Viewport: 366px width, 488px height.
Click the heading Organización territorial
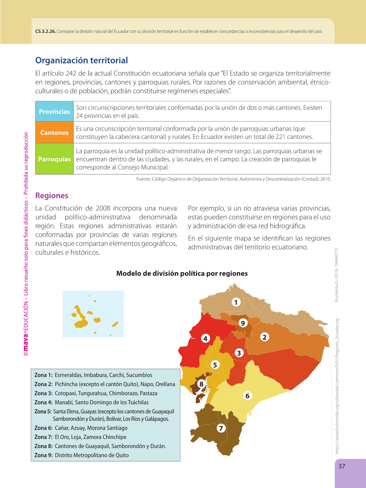pos(81,60)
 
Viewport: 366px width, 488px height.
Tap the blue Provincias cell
pos(54,111)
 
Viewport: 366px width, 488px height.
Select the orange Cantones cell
pos(54,133)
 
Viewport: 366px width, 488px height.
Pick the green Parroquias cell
pos(54,159)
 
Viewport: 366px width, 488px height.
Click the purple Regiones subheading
pos(52,195)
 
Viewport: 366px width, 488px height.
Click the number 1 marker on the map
pos(236,302)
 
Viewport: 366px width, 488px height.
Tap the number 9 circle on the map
pos(243,323)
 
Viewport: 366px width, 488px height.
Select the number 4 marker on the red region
pos(205,338)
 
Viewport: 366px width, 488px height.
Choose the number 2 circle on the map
pos(265,337)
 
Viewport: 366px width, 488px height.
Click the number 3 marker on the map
pos(239,353)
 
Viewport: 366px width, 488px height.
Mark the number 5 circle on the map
pos(215,365)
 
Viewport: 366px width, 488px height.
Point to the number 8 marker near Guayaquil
pos(201,384)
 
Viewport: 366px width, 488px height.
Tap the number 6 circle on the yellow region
pos(247,396)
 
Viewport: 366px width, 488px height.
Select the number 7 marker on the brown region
pos(221,428)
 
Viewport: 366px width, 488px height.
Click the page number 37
pos(342,466)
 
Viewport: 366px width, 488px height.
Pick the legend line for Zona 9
pos(81,455)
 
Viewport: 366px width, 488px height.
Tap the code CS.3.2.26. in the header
pos(45,31)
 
